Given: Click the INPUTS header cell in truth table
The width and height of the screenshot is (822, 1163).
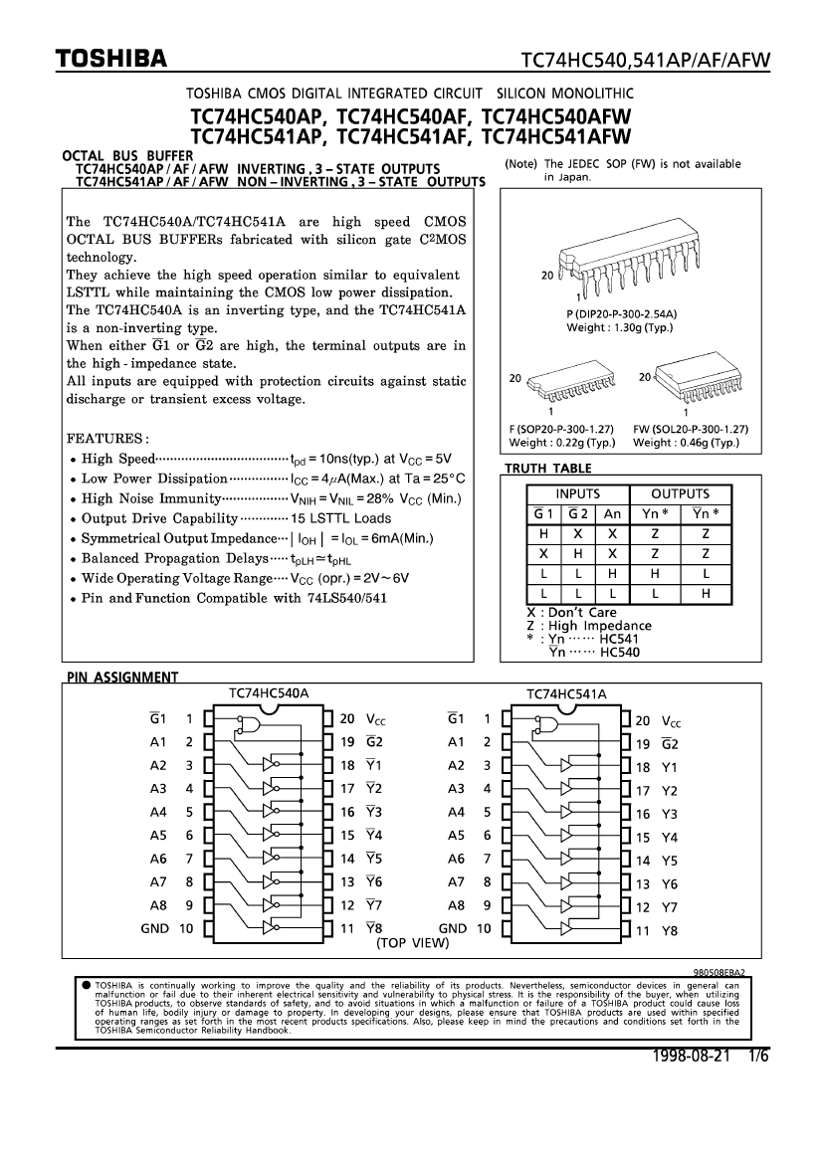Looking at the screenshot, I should [577, 493].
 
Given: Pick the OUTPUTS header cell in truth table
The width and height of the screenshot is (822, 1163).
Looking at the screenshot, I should [680, 493].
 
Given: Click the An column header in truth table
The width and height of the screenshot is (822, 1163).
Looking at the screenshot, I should [612, 513].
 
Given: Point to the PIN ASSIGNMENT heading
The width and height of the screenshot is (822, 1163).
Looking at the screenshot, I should [122, 678].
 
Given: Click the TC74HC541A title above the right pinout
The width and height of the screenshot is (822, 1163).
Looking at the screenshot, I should [565, 693].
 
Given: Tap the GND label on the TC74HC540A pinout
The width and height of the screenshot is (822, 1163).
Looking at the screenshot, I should [154, 929].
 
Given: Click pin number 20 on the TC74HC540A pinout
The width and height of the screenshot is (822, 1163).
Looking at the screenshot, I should [347, 717].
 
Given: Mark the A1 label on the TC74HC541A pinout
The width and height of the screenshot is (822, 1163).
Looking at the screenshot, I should [456, 742].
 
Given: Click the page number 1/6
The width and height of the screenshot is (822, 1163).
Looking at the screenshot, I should [759, 1054].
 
